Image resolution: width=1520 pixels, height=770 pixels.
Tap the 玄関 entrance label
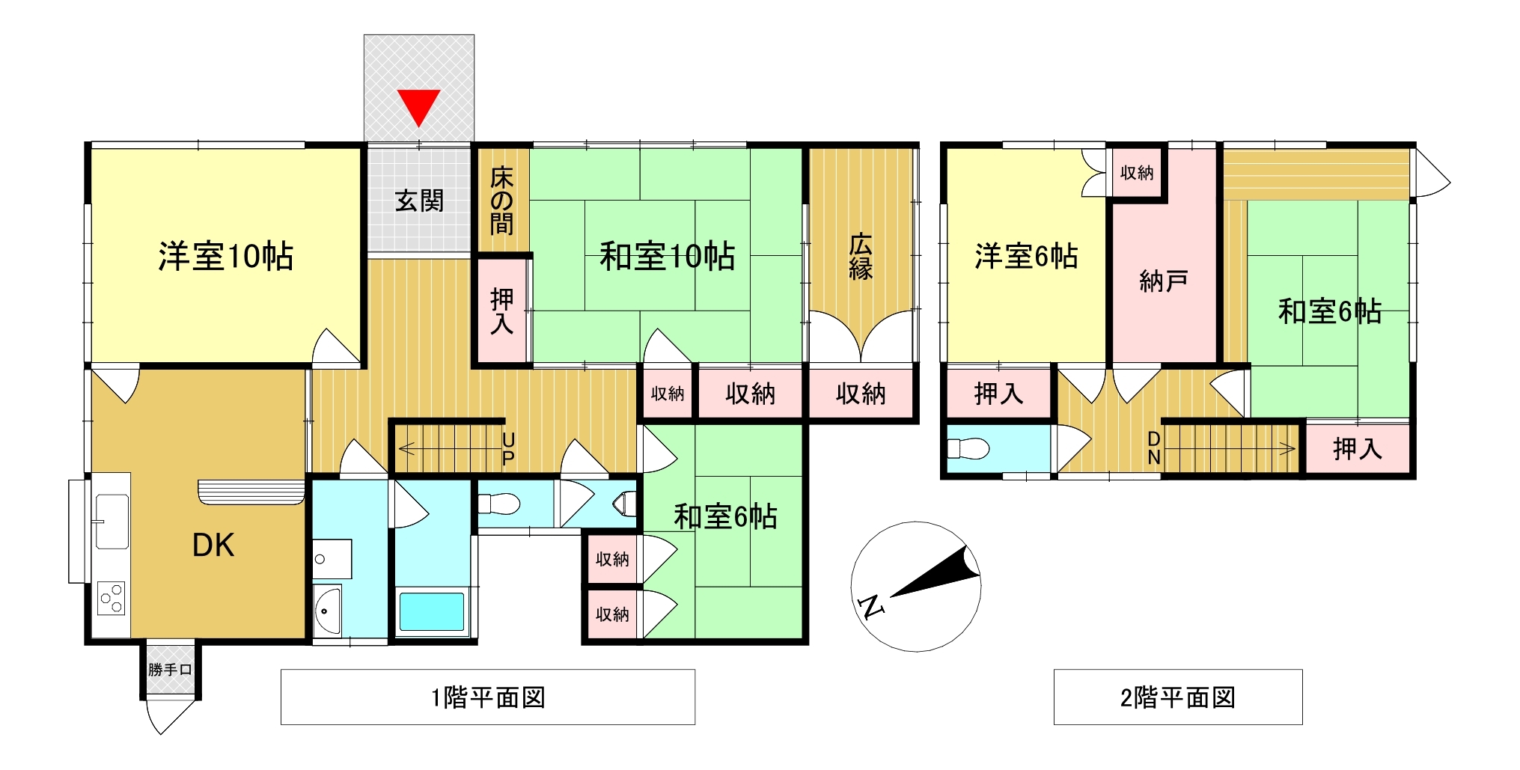coord(419,201)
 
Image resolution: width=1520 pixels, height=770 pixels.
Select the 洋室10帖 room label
coord(225,256)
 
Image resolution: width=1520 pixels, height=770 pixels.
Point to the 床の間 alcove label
coord(501,201)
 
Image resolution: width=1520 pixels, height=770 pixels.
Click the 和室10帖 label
coord(667,256)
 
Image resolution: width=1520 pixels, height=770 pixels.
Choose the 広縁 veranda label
coord(861,257)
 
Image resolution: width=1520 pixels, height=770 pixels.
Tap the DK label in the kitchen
coord(213,546)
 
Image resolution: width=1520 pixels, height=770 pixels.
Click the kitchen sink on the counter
coord(112,521)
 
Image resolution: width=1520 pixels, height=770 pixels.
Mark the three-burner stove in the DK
coord(112,599)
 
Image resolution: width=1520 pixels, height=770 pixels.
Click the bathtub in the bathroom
coord(432,611)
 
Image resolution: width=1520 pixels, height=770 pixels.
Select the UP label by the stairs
coord(508,448)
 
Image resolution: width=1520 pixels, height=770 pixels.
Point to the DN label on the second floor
coord(1154,447)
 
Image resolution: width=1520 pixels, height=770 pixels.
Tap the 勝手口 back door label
coord(170,670)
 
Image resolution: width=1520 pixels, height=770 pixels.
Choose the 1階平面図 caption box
coord(488,697)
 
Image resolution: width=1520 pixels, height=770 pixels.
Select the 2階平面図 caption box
coord(1178,697)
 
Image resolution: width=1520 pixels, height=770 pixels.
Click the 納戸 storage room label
coord(1163,281)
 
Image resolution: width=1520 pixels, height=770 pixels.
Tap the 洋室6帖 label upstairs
coord(1026,256)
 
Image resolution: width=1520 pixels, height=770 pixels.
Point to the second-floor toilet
coord(968,448)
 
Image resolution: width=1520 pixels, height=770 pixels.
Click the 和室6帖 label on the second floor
coord(1329,311)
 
